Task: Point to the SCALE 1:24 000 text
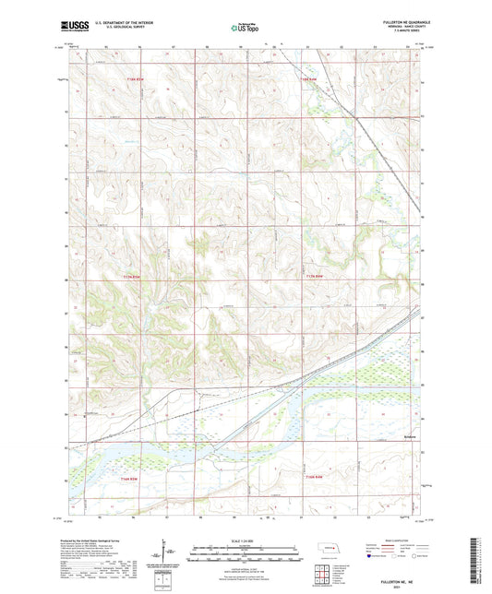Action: pyautogui.click(x=246, y=540)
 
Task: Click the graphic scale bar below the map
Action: pyautogui.click(x=246, y=550)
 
